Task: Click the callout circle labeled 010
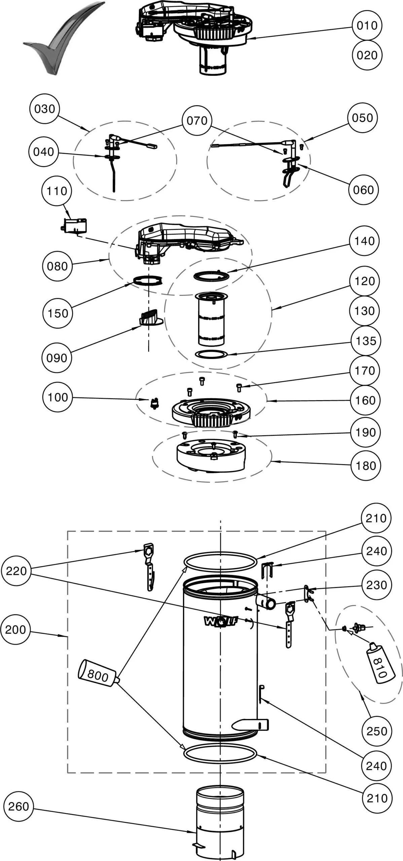(367, 26)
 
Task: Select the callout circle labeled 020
(367, 55)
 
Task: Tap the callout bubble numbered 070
(197, 120)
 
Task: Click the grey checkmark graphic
(61, 40)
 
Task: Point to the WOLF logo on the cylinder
(221, 621)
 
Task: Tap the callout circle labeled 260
(19, 807)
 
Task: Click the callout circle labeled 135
(365, 341)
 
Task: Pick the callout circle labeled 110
(57, 191)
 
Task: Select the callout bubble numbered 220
(16, 571)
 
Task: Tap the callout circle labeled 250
(376, 731)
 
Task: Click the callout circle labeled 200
(15, 630)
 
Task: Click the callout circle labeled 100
(58, 397)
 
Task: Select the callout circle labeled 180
(366, 465)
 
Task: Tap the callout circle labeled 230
(376, 585)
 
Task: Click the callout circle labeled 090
(57, 358)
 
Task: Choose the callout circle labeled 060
(363, 190)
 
